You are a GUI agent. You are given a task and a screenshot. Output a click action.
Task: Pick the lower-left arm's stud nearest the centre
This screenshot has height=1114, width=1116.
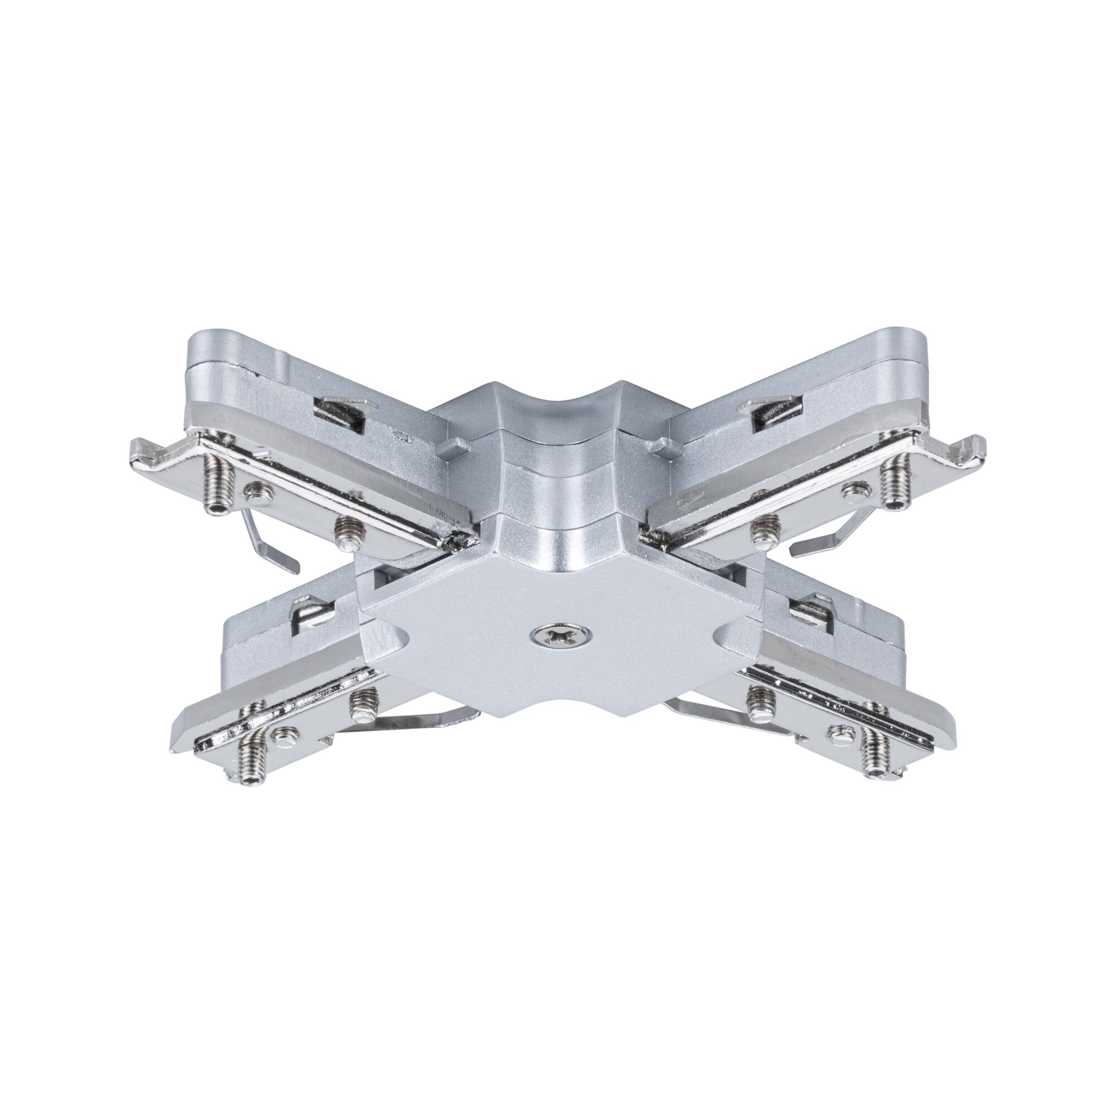pyautogui.click(x=363, y=705)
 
